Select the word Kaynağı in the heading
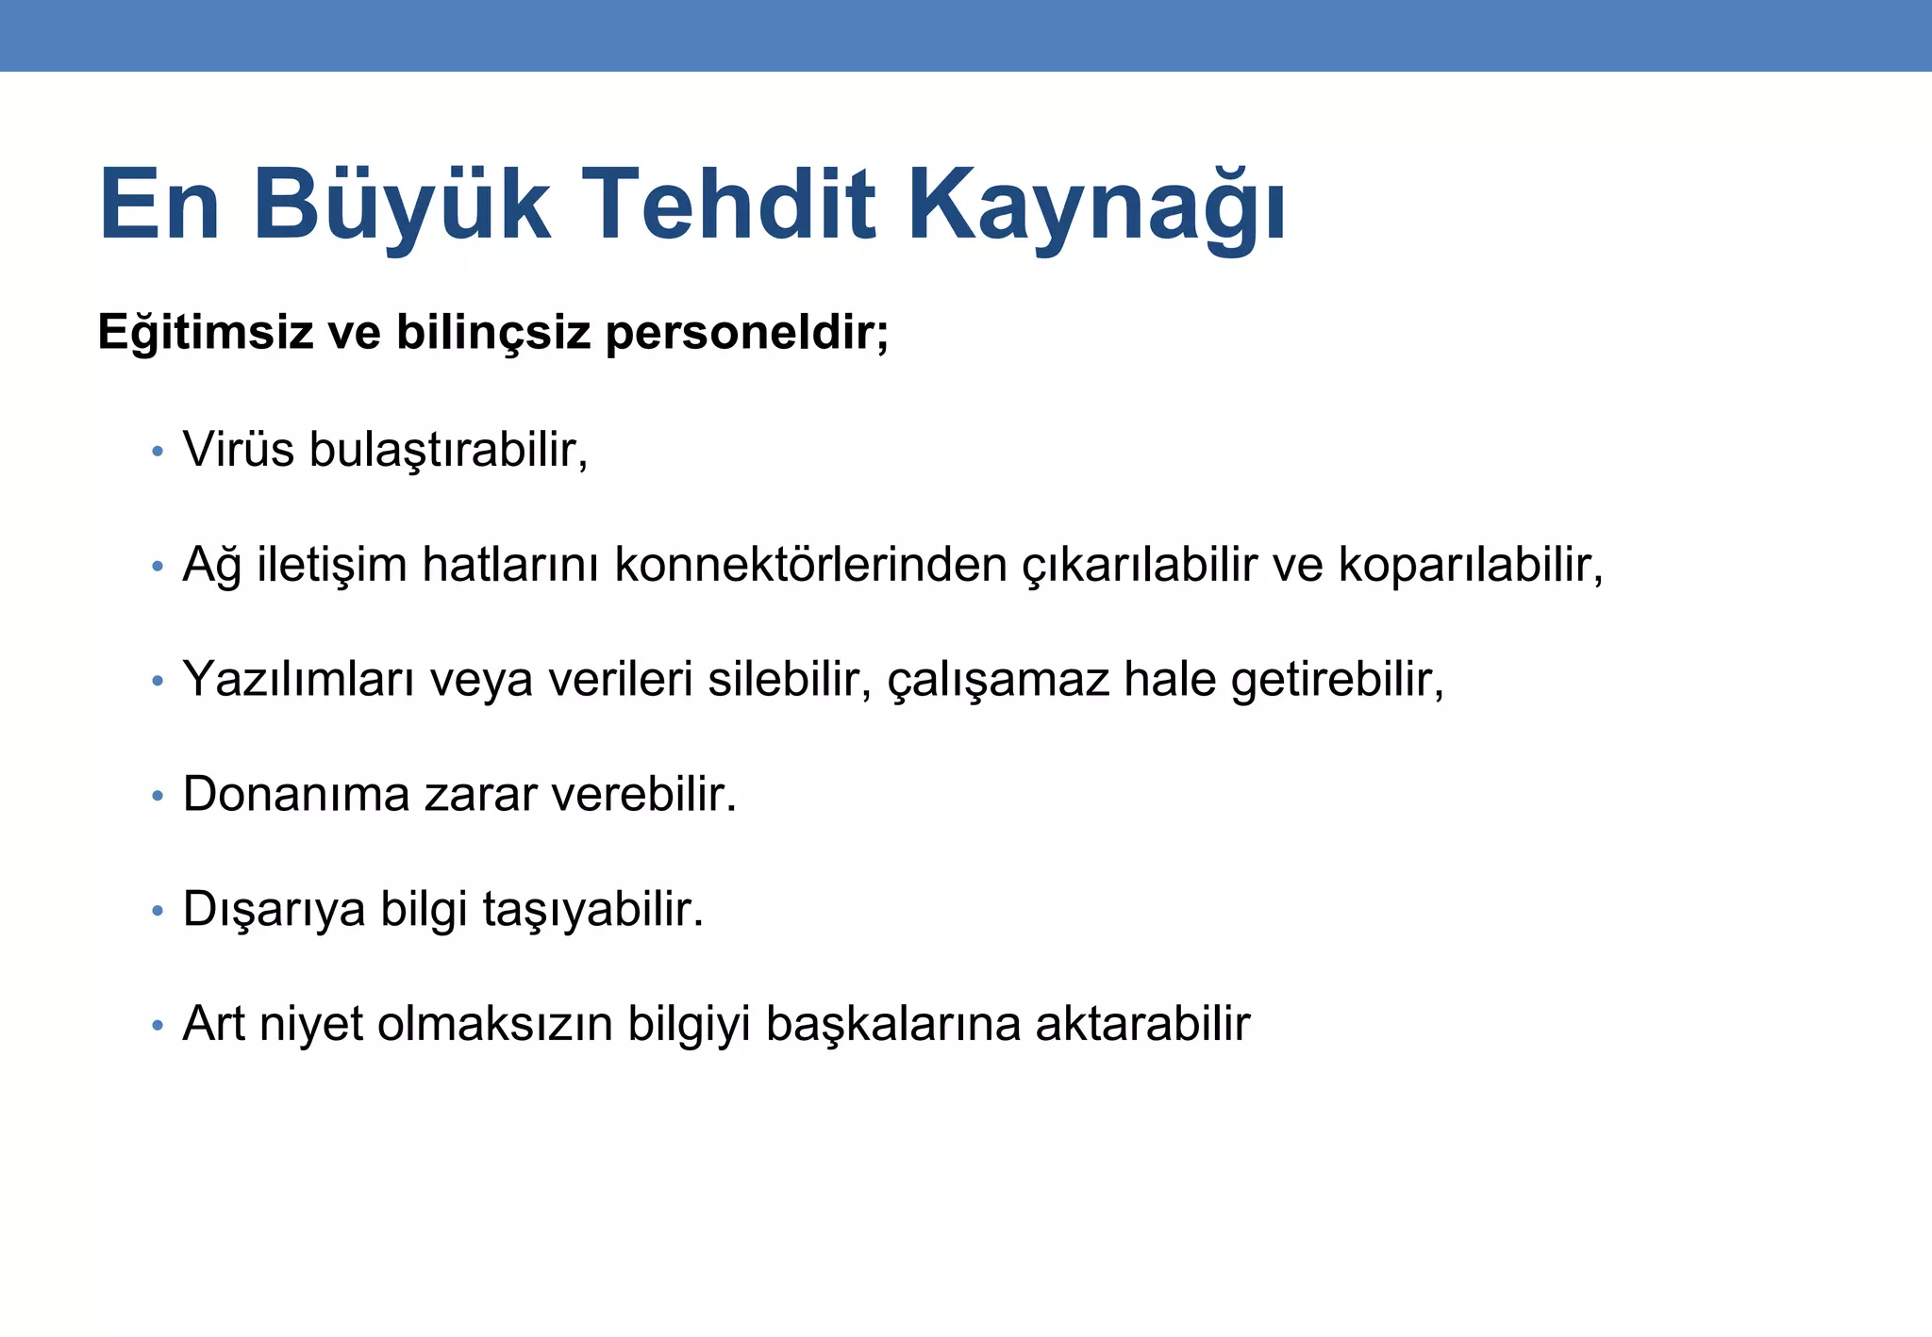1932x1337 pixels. point(1096,205)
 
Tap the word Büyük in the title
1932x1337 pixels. point(401,205)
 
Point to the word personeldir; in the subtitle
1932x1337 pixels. point(746,333)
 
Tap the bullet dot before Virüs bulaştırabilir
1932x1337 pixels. point(158,452)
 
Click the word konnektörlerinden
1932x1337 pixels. point(810,565)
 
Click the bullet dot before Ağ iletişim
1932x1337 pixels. point(158,568)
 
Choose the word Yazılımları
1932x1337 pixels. point(298,680)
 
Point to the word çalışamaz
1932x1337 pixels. point(998,680)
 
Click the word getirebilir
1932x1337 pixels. point(1336,680)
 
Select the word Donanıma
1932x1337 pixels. point(296,794)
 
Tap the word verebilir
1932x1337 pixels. point(643,794)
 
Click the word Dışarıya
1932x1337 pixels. point(274,910)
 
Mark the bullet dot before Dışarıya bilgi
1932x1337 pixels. point(158,912)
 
